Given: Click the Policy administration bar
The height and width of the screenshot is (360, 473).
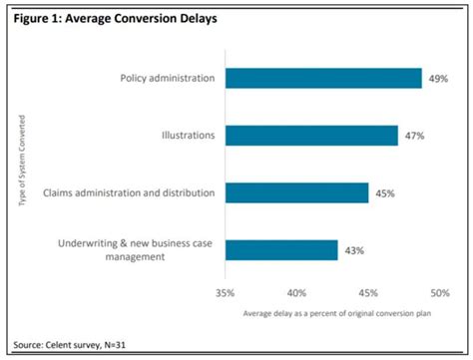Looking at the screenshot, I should (x=323, y=79).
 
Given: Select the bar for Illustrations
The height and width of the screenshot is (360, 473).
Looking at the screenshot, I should (x=311, y=136).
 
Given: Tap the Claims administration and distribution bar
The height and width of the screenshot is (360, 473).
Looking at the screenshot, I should (x=297, y=192).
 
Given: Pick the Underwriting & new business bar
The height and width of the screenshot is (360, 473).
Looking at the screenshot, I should (x=281, y=249).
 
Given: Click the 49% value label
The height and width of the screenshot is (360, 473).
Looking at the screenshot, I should (x=439, y=79).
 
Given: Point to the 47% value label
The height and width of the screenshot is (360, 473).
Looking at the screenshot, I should (x=415, y=136).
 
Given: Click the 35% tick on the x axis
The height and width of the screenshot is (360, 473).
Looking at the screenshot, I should (x=226, y=294).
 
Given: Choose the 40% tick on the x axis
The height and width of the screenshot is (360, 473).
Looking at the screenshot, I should (x=296, y=294).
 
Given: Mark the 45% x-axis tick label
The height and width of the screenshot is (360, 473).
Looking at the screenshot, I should (x=368, y=294).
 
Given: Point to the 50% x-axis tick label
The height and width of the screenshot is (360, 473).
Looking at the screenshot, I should (x=438, y=294).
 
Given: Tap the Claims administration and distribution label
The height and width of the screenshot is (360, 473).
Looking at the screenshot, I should (x=129, y=192).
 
